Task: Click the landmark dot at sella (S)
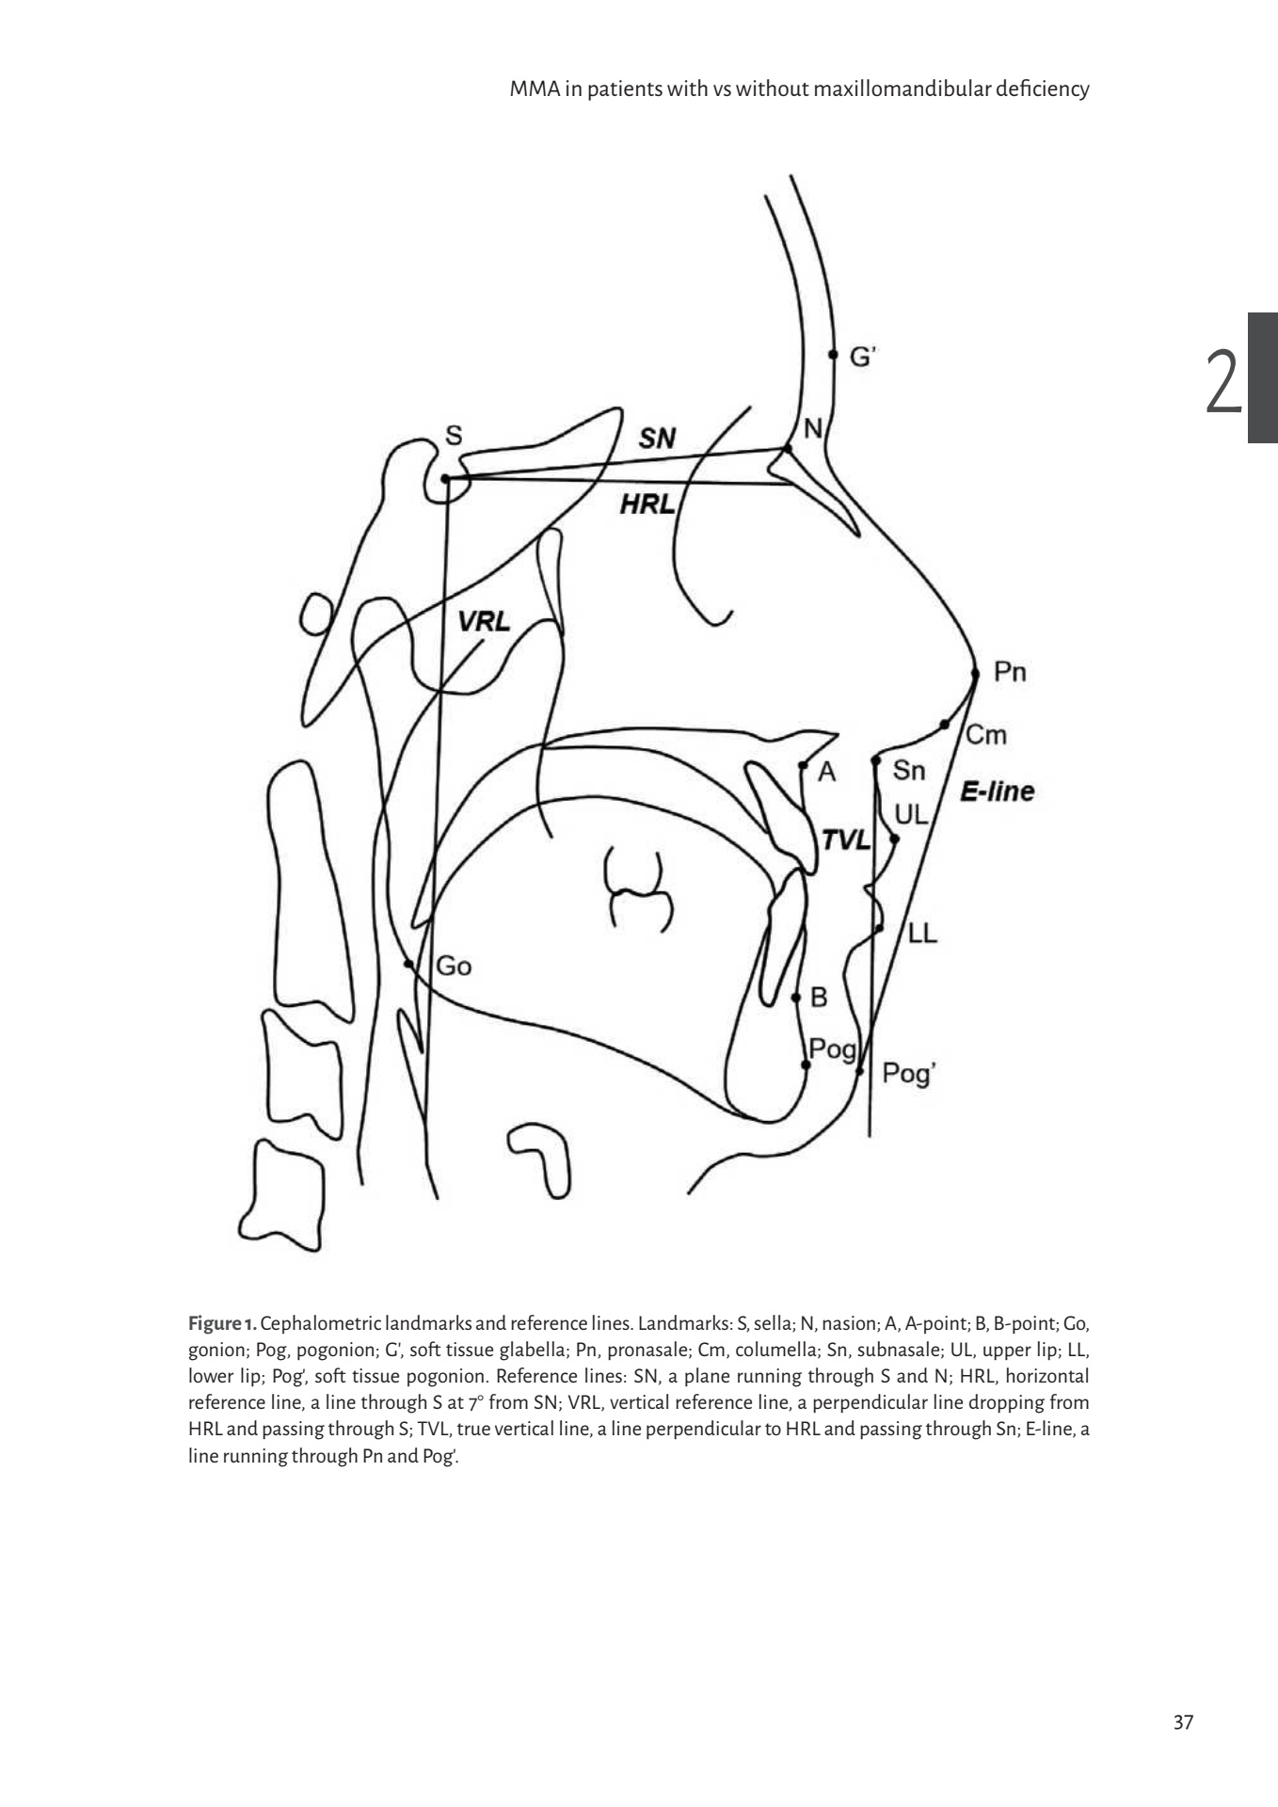(445, 478)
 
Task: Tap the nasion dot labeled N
(788, 448)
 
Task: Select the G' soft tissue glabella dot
(832, 355)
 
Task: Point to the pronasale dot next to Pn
(975, 674)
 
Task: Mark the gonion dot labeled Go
(408, 963)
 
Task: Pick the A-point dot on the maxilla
(803, 765)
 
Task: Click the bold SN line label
(657, 438)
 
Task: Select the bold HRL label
(647, 505)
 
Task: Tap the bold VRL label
(484, 621)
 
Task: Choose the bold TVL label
(845, 840)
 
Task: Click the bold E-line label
(996, 792)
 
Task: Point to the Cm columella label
(986, 735)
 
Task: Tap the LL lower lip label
(923, 934)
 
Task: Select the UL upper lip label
(911, 813)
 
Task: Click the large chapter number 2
(1222, 381)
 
